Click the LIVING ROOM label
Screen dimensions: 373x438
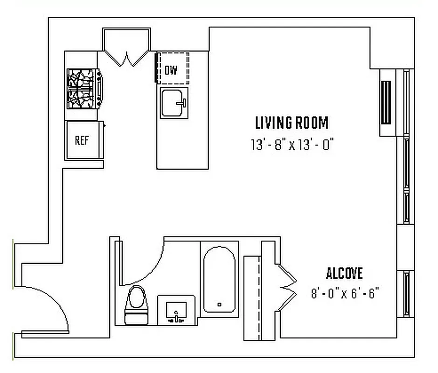[292, 123]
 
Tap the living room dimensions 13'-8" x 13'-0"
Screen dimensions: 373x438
[292, 145]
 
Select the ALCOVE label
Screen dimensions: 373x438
[344, 273]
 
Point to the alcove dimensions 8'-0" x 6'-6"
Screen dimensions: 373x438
[345, 294]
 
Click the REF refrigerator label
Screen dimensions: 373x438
[82, 140]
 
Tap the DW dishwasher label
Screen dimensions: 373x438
[171, 70]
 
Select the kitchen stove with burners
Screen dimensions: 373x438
[83, 89]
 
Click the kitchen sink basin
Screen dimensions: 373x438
[174, 103]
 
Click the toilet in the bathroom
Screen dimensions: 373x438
[136, 303]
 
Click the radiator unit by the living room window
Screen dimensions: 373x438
[387, 103]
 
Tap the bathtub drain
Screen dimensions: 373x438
[220, 304]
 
